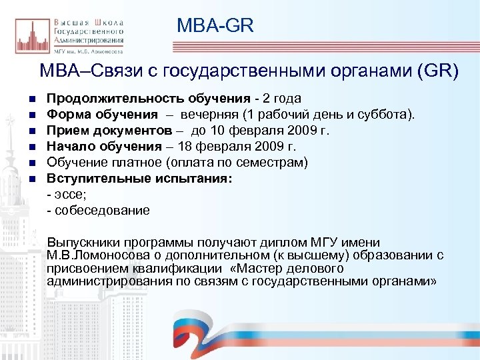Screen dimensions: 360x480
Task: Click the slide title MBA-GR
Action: [x=215, y=26]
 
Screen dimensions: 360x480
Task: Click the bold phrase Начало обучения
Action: [x=104, y=146]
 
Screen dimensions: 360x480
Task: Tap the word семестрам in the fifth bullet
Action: [x=274, y=162]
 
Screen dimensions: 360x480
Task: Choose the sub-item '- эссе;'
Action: [x=66, y=194]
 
